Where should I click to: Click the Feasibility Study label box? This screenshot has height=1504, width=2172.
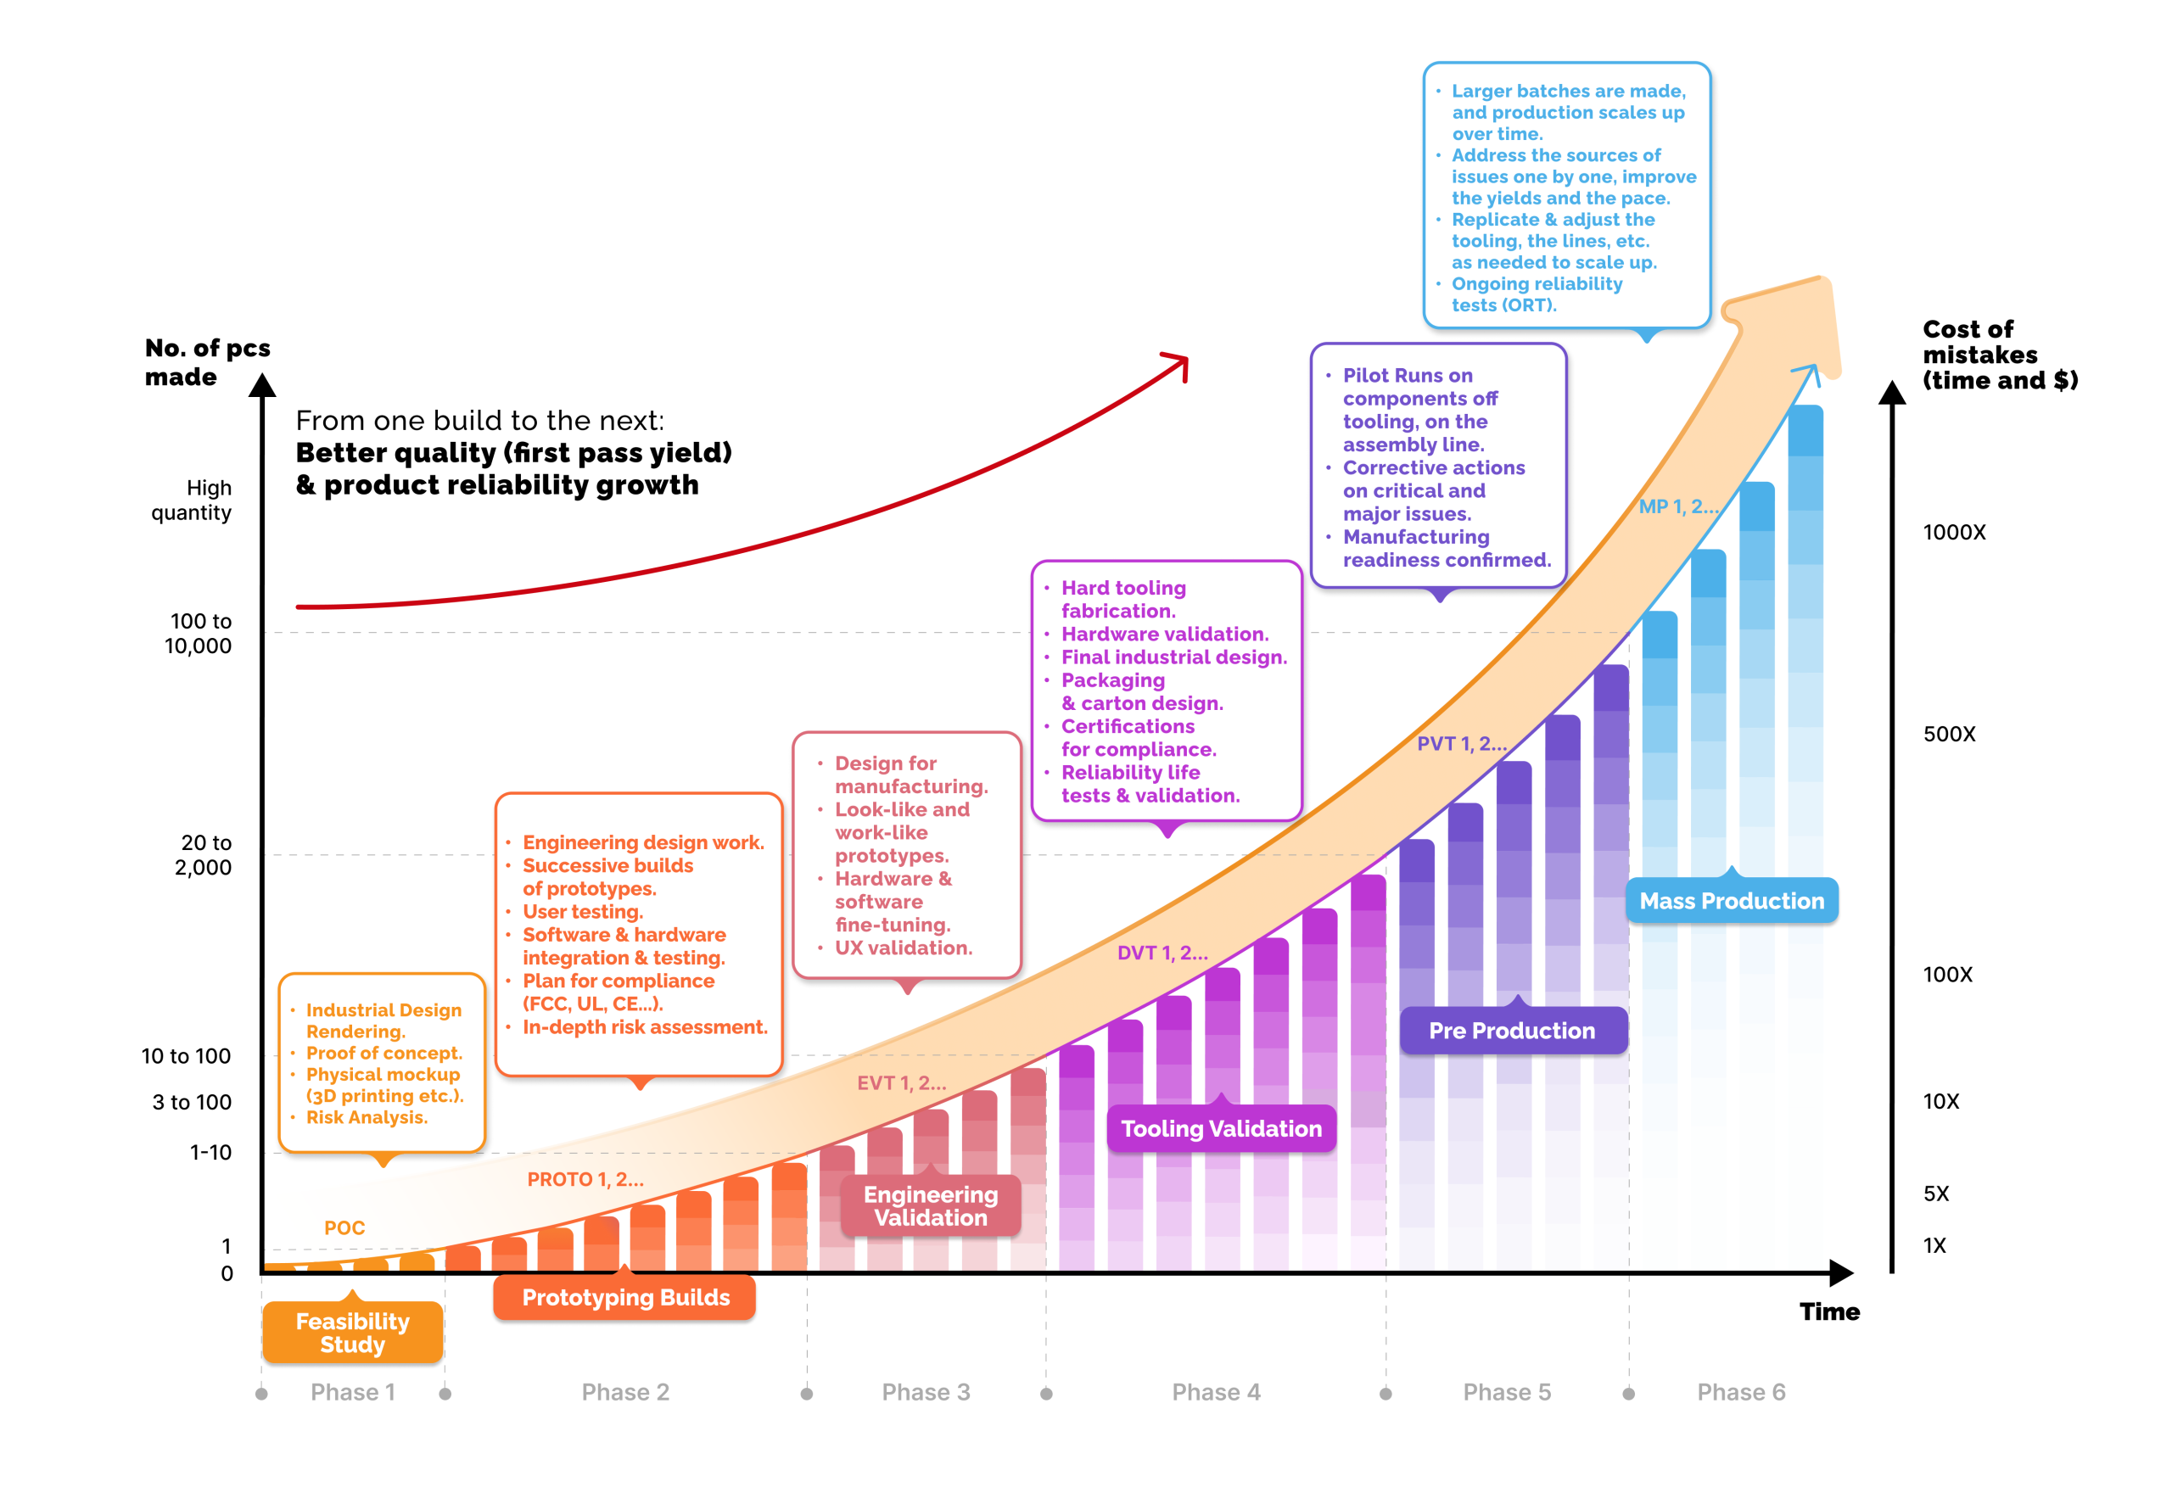point(352,1333)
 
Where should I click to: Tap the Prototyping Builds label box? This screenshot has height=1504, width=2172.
point(624,1298)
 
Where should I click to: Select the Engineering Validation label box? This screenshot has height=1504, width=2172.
point(930,1205)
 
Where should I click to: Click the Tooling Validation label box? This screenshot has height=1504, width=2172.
point(1220,1128)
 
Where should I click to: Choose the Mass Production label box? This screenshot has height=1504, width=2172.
point(1731,901)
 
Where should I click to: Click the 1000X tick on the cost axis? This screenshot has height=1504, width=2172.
point(1953,533)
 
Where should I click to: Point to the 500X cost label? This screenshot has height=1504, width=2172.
point(1949,734)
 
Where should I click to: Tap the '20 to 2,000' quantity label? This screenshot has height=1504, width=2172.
point(204,855)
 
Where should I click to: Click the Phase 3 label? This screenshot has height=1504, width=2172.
point(926,1392)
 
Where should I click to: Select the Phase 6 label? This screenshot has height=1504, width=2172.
point(1740,1392)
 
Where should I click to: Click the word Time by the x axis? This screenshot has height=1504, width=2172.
point(1829,1311)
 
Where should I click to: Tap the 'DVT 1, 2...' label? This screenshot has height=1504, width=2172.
point(1162,953)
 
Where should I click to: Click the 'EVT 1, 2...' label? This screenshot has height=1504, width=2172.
point(901,1082)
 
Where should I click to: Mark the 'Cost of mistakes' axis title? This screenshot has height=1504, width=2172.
point(1999,355)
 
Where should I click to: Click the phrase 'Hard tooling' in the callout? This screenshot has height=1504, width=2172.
point(1123,588)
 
